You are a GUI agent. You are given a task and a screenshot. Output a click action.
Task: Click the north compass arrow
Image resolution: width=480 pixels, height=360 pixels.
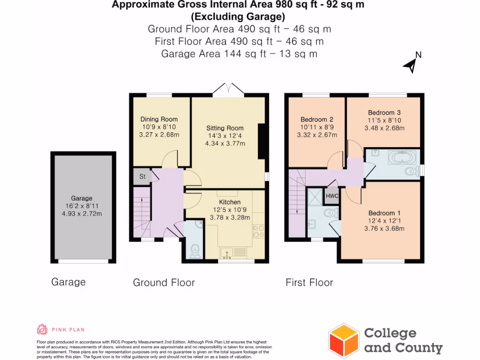pyautogui.click(x=411, y=66)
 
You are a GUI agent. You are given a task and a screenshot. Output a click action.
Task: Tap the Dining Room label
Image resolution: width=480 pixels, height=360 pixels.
pyautogui.click(x=159, y=119)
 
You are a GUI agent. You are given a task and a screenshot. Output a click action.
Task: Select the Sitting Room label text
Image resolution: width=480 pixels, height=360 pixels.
pyautogui.click(x=225, y=127)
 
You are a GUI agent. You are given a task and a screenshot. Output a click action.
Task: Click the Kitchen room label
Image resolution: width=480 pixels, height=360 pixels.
pyautogui.click(x=229, y=202)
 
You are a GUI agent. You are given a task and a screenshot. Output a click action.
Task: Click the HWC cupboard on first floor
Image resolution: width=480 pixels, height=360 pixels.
pyautogui.click(x=332, y=196)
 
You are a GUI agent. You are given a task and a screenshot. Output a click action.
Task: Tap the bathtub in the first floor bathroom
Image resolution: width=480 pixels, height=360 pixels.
pyautogui.click(x=402, y=157)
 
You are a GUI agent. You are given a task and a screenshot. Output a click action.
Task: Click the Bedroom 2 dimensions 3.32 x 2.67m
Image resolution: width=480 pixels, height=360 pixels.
pyautogui.click(x=317, y=135)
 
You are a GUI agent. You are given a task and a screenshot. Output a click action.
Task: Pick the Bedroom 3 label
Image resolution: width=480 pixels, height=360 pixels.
pyautogui.click(x=384, y=112)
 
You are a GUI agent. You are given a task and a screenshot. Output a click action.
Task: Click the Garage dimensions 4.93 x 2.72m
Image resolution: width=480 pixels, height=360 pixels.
pyautogui.click(x=82, y=214)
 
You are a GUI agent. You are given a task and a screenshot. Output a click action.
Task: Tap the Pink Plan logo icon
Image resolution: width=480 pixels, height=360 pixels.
pyautogui.click(x=42, y=330)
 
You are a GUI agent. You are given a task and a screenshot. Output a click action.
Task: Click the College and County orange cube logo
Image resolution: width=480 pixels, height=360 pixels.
pyautogui.click(x=344, y=340)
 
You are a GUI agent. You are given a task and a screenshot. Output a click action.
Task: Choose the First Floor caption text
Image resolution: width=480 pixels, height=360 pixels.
pyautogui.click(x=309, y=283)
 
